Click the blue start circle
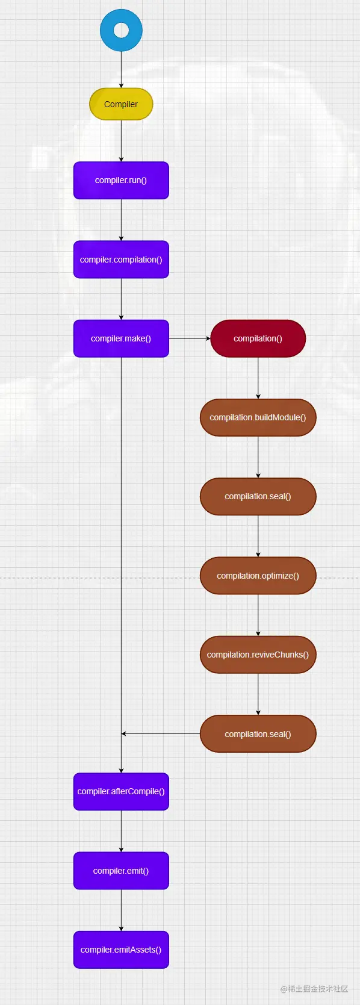pos(121,30)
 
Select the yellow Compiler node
pos(121,104)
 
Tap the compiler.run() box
pos(121,180)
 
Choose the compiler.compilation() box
pos(121,260)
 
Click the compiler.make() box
pos(121,338)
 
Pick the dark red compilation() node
pos(258,338)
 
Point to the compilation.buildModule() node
pos(258,417)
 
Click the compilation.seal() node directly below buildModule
pos(258,496)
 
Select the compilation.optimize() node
pos(258,576)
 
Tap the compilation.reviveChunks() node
pos(258,655)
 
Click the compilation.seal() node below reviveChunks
pos(258,734)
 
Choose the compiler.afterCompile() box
pos(121,791)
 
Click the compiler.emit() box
pos(121,871)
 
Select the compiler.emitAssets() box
pos(121,950)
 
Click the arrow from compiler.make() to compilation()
pos(190,338)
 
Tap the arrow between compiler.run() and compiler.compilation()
pos(121,220)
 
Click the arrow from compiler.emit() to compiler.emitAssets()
pos(121,910)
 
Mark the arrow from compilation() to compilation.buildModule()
pos(258,378)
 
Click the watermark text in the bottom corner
pos(314,989)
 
